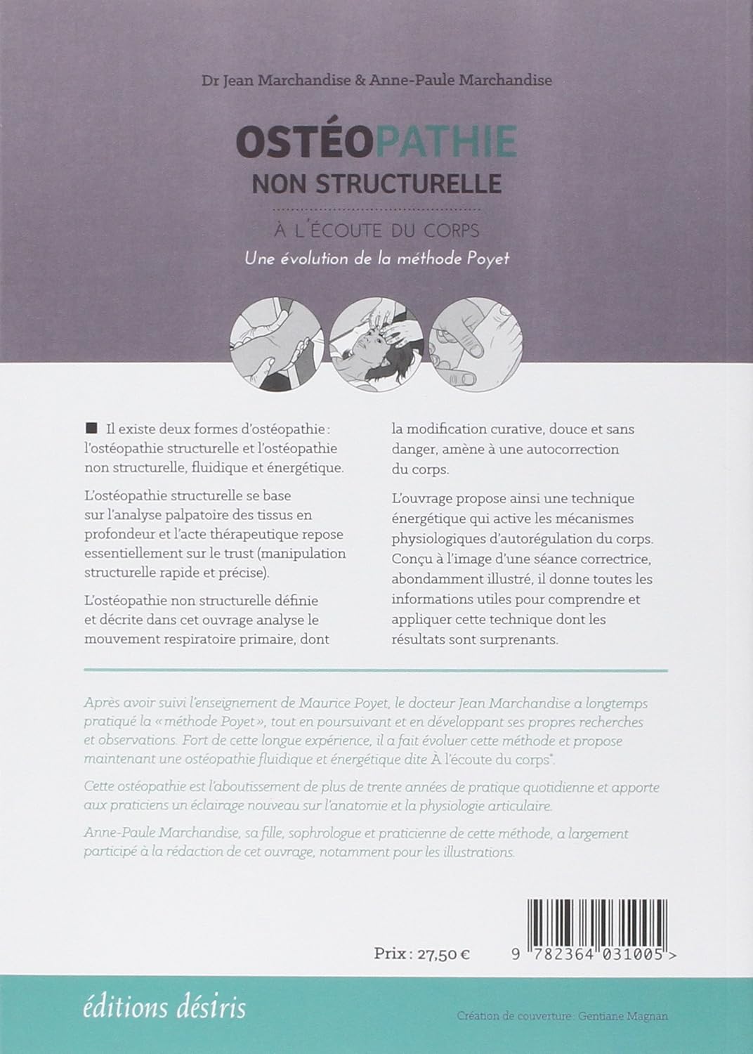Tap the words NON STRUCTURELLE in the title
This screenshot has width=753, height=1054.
376,183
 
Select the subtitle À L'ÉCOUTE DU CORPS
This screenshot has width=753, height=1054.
376,230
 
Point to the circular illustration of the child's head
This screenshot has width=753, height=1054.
376,341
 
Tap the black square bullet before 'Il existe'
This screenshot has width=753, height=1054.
90,428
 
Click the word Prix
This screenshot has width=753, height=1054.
392,954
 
